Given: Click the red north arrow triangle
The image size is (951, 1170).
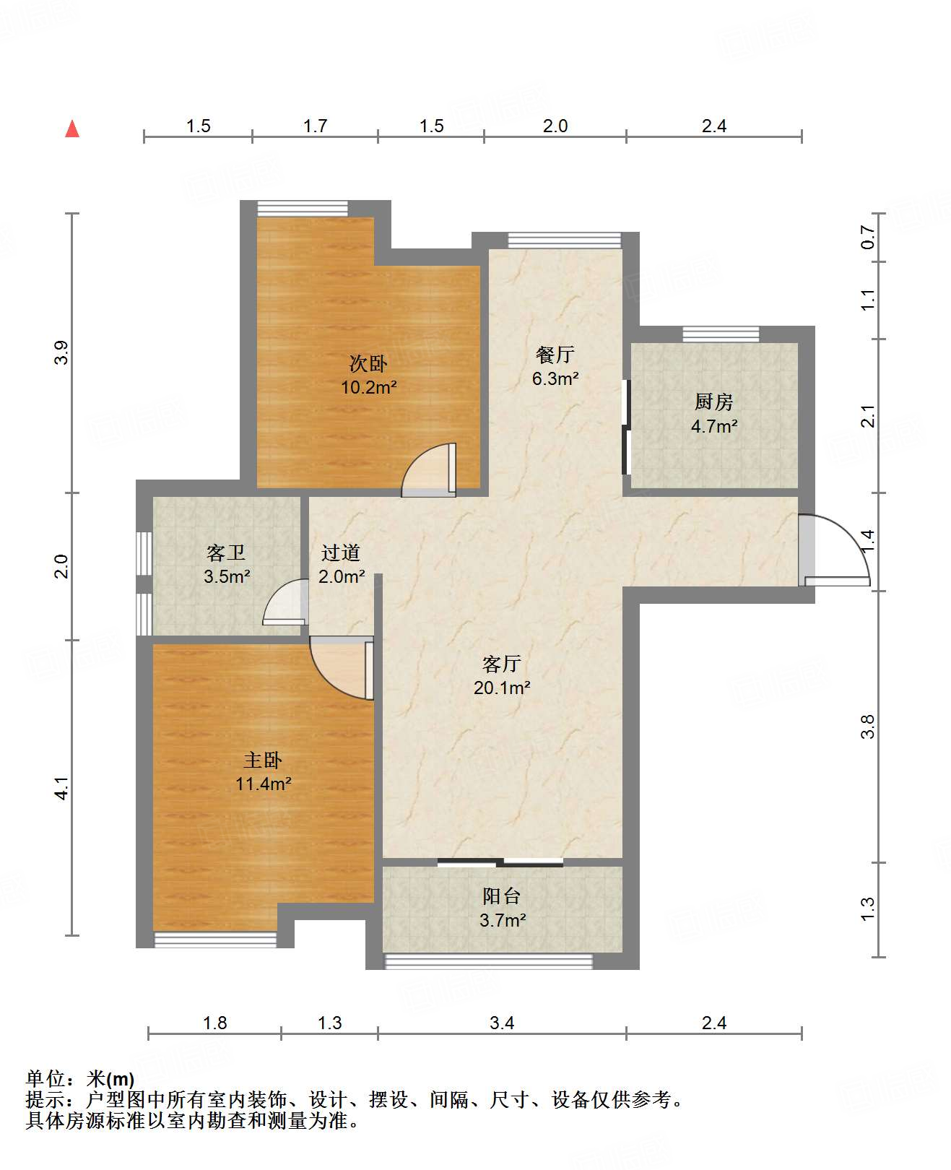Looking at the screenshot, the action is [x=72, y=129].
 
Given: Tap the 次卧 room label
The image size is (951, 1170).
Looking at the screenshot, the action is [x=368, y=363].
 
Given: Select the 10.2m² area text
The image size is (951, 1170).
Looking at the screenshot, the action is [x=368, y=387].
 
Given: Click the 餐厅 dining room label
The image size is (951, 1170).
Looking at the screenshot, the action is [x=555, y=355].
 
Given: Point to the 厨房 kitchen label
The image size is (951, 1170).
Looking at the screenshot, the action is [x=714, y=402].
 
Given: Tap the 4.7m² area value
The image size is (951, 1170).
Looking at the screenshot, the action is [x=714, y=426].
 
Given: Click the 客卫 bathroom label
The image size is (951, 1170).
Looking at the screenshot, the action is [x=226, y=552].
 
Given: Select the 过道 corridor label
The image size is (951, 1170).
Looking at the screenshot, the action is [x=341, y=552].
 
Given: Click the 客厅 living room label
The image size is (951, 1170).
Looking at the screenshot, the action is [x=501, y=664].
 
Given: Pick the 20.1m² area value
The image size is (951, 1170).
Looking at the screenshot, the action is [x=502, y=688].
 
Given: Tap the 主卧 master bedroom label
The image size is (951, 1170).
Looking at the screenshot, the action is [x=263, y=760].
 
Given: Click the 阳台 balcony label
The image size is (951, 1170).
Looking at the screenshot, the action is [x=502, y=896].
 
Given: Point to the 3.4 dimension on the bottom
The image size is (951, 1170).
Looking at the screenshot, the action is [x=502, y=1023].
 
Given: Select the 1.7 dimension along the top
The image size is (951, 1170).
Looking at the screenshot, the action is [x=315, y=126].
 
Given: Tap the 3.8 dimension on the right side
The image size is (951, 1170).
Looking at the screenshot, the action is [x=867, y=727].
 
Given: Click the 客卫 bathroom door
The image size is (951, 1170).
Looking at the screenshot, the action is [x=285, y=602].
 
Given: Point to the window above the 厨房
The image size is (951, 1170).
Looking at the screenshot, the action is [x=721, y=334].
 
